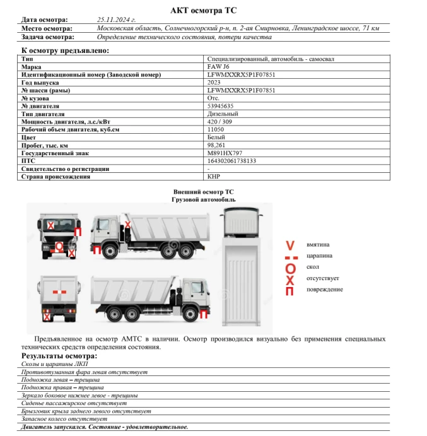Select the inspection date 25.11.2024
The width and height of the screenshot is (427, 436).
(117, 20)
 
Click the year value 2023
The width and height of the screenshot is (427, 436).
(214, 83)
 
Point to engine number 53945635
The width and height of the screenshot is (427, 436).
(220, 106)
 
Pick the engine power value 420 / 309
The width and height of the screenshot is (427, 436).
(219, 122)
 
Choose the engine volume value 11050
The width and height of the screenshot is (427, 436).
(216, 129)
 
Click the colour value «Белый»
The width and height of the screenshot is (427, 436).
(216, 137)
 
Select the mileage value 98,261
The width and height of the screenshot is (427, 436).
(216, 145)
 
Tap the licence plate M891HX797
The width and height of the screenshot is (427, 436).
(225, 153)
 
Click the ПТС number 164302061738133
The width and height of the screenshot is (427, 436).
(231, 161)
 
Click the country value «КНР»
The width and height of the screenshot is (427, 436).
(214, 177)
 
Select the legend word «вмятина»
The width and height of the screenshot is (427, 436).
(317, 244)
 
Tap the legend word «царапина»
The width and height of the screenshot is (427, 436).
(319, 256)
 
